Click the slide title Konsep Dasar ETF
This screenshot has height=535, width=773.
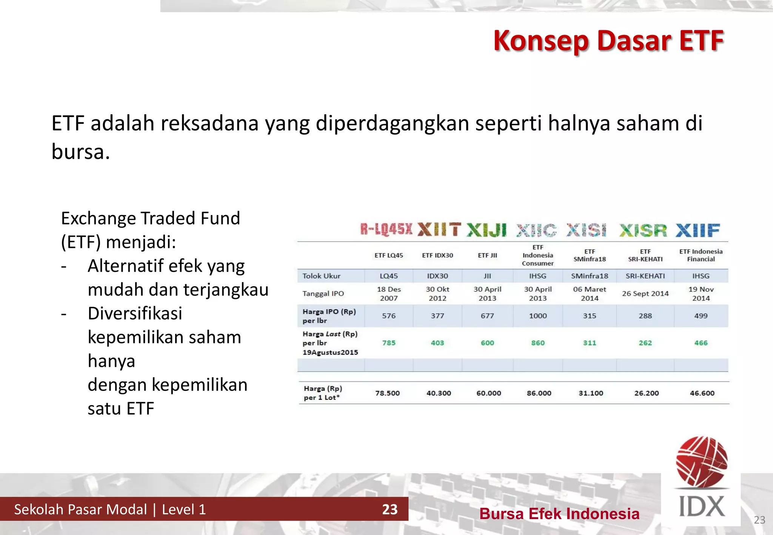(x=608, y=41)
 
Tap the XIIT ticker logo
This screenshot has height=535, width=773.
(x=439, y=230)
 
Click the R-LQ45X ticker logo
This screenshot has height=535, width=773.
(x=386, y=229)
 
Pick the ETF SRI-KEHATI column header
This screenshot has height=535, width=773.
(x=645, y=255)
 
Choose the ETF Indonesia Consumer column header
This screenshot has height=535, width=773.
(x=537, y=255)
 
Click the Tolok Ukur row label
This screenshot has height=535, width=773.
(x=321, y=276)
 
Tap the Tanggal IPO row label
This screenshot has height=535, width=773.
(x=323, y=294)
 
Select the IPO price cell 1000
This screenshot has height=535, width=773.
(x=537, y=316)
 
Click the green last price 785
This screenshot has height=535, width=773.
(x=389, y=343)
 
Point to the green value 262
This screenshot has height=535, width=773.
(x=645, y=343)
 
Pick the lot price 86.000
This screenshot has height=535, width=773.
(x=539, y=393)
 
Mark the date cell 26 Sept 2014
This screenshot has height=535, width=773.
(x=645, y=294)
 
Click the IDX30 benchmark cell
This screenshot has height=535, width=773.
(x=437, y=276)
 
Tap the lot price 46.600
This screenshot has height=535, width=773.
(x=702, y=393)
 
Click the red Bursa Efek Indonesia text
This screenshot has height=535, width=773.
(x=559, y=514)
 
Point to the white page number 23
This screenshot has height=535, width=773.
(x=390, y=509)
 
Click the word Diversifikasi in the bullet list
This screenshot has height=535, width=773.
(x=135, y=314)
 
